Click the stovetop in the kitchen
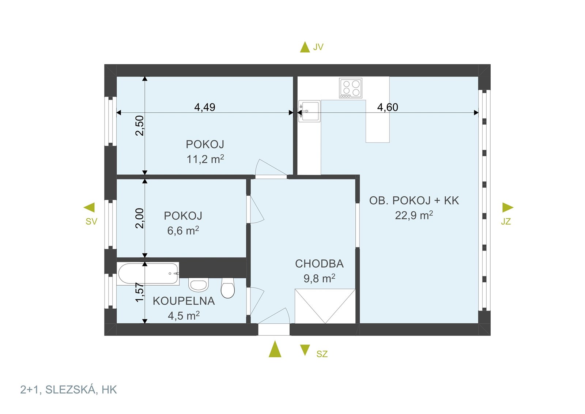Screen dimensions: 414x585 point(351,88)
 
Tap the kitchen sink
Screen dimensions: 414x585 point(310,111)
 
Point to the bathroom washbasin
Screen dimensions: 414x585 point(198,285)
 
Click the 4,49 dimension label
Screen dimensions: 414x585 point(205,107)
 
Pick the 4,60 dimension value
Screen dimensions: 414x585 point(388,107)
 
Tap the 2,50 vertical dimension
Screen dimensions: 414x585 point(140,125)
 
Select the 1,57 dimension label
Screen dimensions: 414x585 point(140,292)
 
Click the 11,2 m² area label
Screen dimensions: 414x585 point(205,159)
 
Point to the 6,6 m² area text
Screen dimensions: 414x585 point(183,231)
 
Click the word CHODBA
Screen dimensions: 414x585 point(319,264)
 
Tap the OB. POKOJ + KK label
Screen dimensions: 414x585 point(414,200)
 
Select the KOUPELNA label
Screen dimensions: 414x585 point(184,301)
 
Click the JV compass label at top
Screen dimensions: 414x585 point(318,47)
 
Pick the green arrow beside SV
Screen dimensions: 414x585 point(90,207)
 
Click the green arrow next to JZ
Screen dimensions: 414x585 point(507,207)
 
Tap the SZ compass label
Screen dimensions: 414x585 point(322,354)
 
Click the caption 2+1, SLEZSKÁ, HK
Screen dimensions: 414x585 point(68,390)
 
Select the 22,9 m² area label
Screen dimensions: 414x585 point(414,215)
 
